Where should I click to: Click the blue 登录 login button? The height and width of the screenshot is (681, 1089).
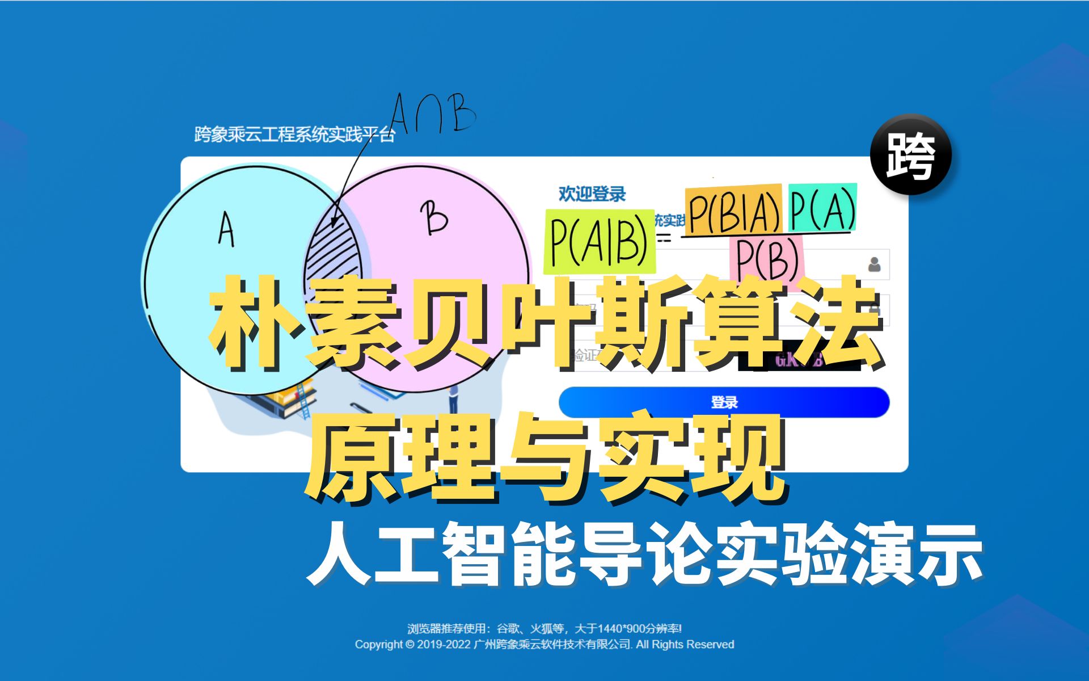pyautogui.click(x=724, y=402)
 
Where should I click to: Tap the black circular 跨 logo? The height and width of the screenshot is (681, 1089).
pyautogui.click(x=911, y=155)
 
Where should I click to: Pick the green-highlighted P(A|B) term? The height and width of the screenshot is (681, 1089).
pyautogui.click(x=599, y=241)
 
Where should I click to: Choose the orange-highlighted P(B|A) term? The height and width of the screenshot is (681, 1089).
pyautogui.click(x=733, y=210)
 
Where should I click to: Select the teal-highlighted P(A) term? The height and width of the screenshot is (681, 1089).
pyautogui.click(x=822, y=208)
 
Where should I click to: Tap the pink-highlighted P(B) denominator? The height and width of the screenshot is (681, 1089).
pyautogui.click(x=767, y=259)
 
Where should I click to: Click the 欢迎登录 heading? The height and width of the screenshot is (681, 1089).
pyautogui.click(x=592, y=194)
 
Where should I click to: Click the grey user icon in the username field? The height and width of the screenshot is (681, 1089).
pyautogui.click(x=874, y=264)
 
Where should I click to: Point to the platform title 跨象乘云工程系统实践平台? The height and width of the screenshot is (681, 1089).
pyautogui.click(x=294, y=134)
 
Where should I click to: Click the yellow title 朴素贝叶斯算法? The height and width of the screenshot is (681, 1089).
pyautogui.click(x=544, y=323)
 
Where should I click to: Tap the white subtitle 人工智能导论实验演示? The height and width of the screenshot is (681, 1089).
pyautogui.click(x=644, y=553)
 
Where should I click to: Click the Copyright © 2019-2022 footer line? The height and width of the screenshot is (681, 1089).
pyautogui.click(x=544, y=645)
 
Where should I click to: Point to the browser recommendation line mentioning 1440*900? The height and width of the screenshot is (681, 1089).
pyautogui.click(x=544, y=628)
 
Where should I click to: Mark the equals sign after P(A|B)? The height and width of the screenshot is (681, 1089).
pyautogui.click(x=665, y=238)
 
